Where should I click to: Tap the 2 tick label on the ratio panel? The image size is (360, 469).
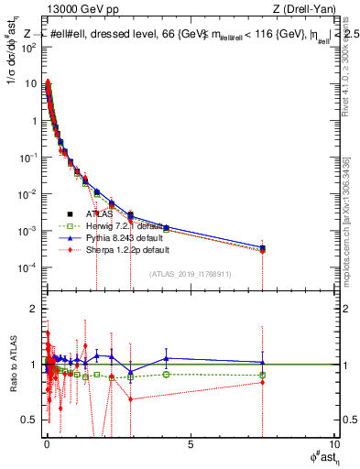(33, 309)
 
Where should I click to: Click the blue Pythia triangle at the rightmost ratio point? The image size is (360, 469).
(262, 362)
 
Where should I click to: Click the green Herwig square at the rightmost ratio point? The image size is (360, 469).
(262, 375)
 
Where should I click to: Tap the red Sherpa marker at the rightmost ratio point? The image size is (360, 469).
(262, 382)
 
